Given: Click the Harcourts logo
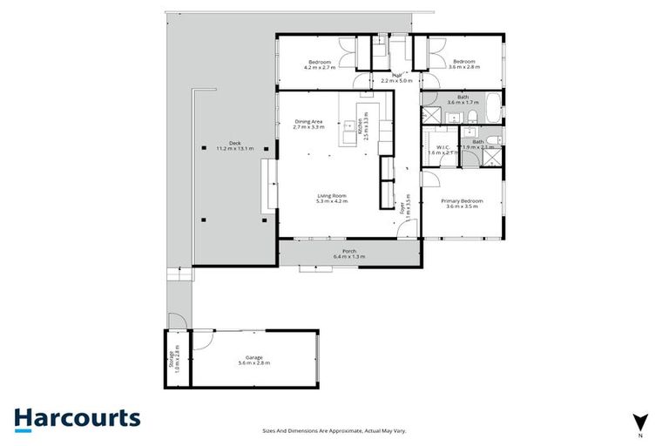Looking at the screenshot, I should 77,418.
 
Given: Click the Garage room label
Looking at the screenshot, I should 254,359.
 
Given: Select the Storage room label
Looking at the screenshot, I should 173,358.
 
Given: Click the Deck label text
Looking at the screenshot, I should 234,145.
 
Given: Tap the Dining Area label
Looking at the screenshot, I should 309,124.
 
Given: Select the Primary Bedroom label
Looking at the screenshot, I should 463,203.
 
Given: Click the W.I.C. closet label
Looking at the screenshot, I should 440,150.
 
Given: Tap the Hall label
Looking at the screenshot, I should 396,78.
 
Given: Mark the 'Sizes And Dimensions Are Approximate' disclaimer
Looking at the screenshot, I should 334,430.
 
